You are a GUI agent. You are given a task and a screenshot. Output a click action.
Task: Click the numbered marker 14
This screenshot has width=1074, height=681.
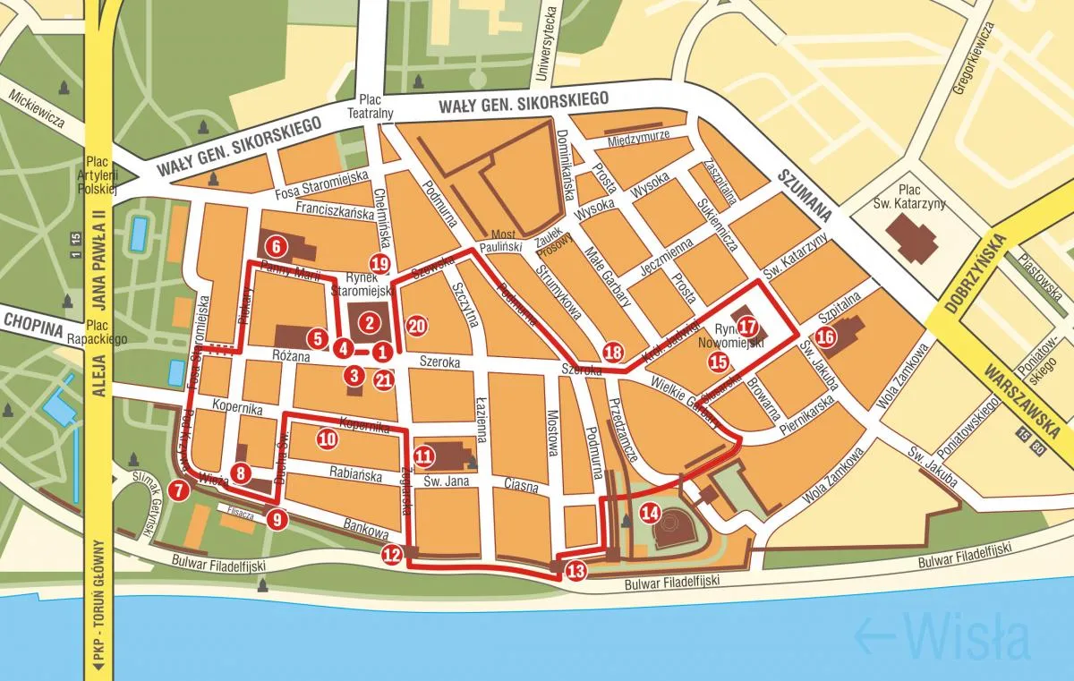(651, 514)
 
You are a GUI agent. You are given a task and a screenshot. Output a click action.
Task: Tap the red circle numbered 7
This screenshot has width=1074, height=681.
(179, 489)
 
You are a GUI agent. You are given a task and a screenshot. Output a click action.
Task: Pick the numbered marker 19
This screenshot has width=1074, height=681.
(380, 263)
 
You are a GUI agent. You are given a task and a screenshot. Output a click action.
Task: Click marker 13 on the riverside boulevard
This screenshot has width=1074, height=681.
(575, 570)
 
